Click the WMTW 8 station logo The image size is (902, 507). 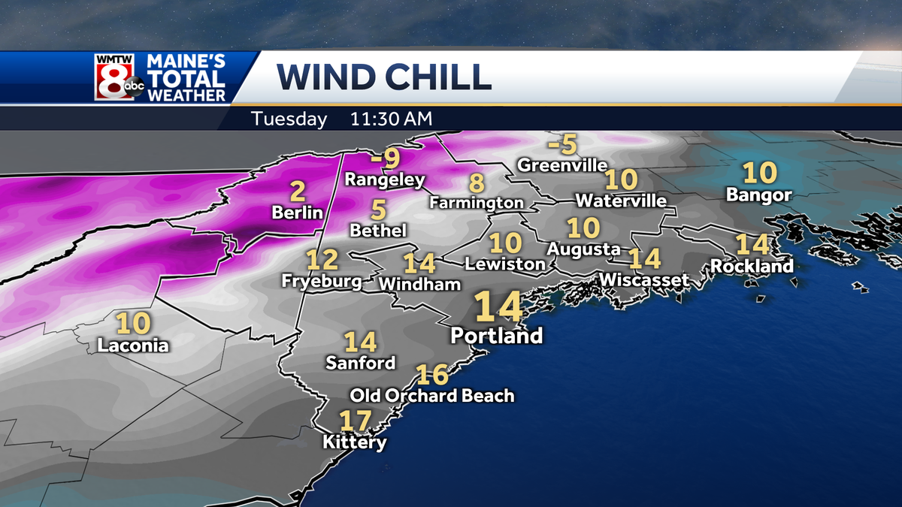click(x=120, y=77)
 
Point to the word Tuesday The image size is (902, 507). click(x=289, y=119)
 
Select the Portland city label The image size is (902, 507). click(x=496, y=335)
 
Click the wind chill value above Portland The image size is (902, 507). click(x=498, y=307)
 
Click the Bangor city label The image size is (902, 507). click(x=759, y=195)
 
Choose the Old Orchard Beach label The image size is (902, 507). click(x=432, y=395)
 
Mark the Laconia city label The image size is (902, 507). click(x=133, y=346)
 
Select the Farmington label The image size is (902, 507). click(x=477, y=203)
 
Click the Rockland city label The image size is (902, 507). click(x=752, y=266)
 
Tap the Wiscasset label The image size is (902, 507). click(x=644, y=280)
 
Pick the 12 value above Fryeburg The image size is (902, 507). click(x=322, y=261)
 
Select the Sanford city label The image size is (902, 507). click(x=360, y=363)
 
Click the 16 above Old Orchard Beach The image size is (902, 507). click(x=432, y=374)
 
